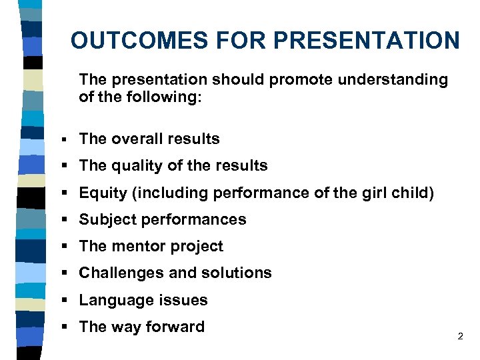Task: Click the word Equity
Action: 101,193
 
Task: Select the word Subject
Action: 105,220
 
